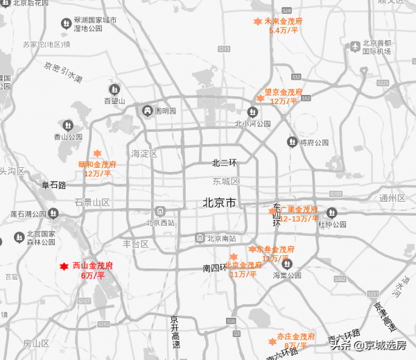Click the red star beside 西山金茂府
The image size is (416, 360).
point(63,266)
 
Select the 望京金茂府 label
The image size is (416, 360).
point(284,92)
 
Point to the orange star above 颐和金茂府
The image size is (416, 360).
point(97,154)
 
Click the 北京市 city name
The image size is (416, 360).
point(220,203)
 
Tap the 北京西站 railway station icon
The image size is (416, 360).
point(160,212)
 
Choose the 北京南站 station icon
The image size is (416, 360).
point(200,238)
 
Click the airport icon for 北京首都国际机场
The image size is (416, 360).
point(355,46)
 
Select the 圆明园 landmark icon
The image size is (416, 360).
point(147,111)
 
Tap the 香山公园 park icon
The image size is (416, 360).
point(68,126)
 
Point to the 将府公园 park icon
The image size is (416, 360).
point(292,142)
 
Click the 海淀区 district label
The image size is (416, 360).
point(145,153)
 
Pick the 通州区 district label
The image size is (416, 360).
point(392,198)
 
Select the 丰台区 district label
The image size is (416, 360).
point(136,243)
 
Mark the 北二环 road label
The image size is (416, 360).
point(225,164)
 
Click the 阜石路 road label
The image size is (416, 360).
point(53,185)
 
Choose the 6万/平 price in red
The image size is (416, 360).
point(92,275)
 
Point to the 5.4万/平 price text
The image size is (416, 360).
point(284,31)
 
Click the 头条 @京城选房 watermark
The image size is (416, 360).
point(367,344)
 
